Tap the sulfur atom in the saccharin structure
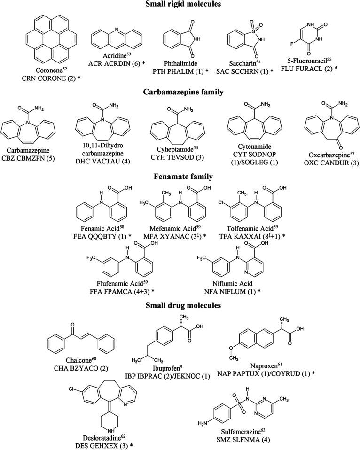(x=251, y=28)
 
